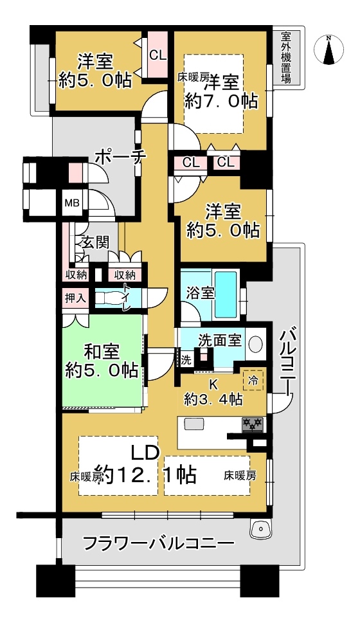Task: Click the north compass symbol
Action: [x=328, y=50]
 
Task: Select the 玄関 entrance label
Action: [x=95, y=242]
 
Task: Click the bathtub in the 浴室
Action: [x=226, y=294]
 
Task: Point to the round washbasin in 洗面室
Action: [x=255, y=343]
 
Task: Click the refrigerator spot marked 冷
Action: [x=253, y=381]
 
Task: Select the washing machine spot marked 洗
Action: [x=186, y=361]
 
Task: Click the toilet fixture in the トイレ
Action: [x=110, y=298]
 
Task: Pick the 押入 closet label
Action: [x=75, y=298]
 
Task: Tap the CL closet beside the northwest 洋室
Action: [x=157, y=55]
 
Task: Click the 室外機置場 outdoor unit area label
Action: [x=285, y=58]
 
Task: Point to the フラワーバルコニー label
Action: [x=158, y=543]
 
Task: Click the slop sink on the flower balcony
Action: [x=260, y=528]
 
